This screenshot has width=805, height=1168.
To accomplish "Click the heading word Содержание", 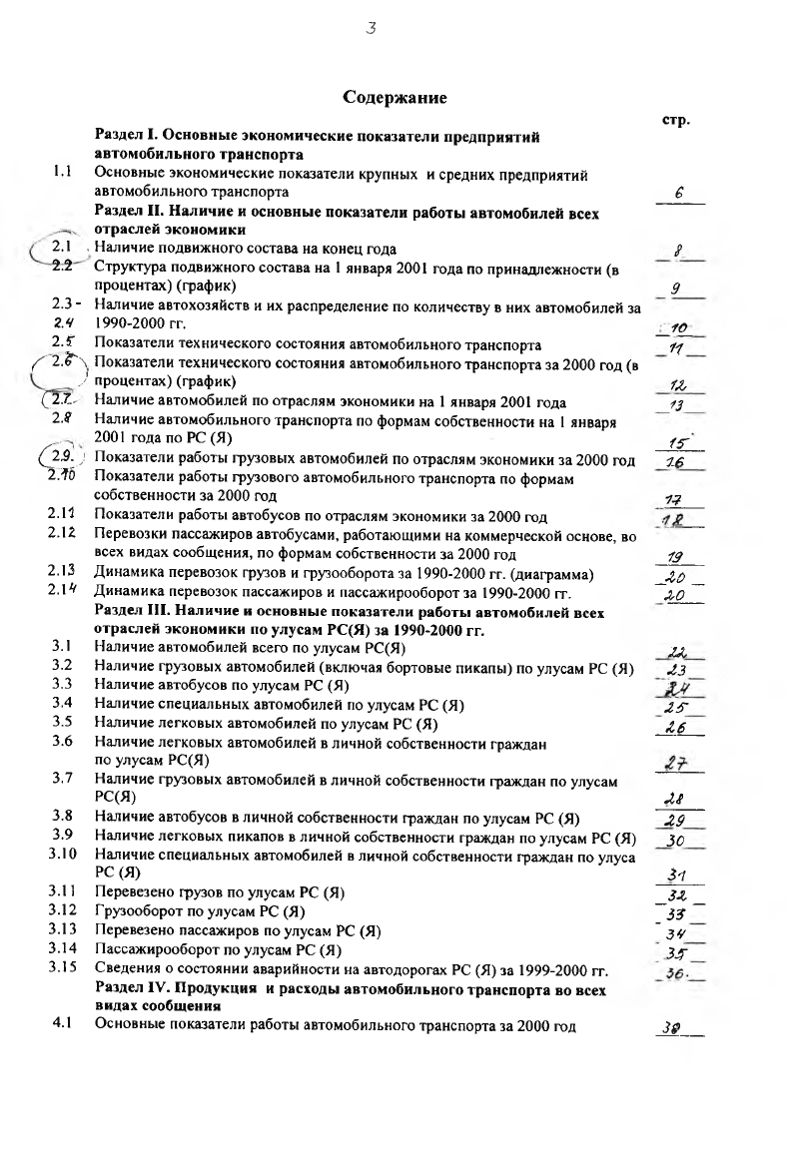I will pyautogui.click(x=394, y=97).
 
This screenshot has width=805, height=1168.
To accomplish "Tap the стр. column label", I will pyautogui.click(x=677, y=120).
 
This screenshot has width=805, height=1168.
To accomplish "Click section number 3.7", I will pyautogui.click(x=62, y=777).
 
